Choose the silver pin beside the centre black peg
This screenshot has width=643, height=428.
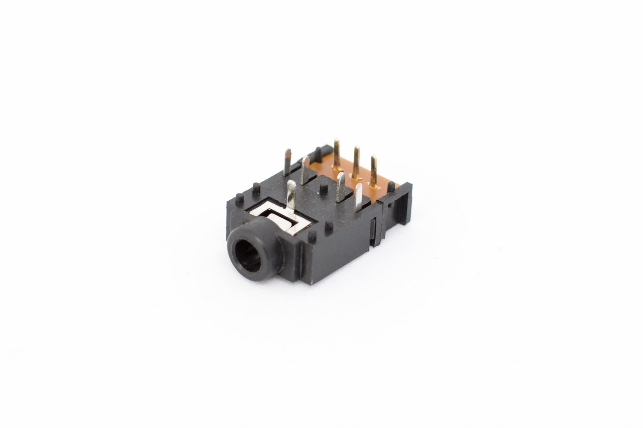(306, 170)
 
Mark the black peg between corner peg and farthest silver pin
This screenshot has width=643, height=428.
(256, 187)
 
